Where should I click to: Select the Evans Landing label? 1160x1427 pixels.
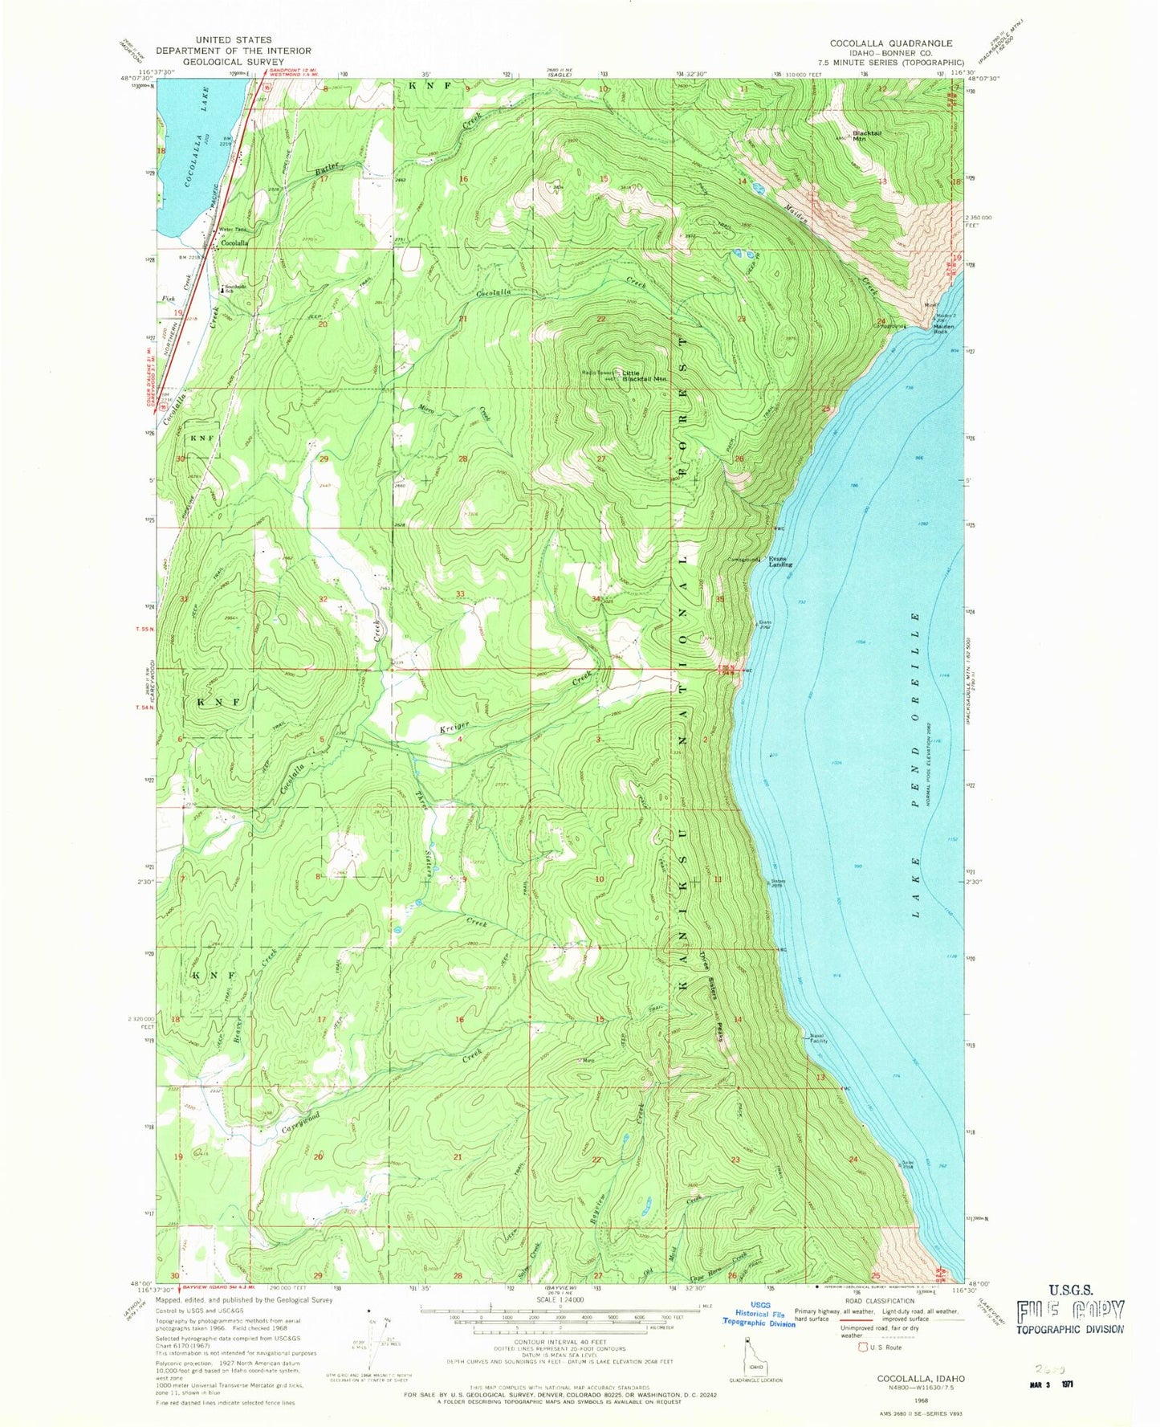pyautogui.click(x=780, y=561)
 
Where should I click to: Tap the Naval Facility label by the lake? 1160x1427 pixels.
pyautogui.click(x=816, y=1038)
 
